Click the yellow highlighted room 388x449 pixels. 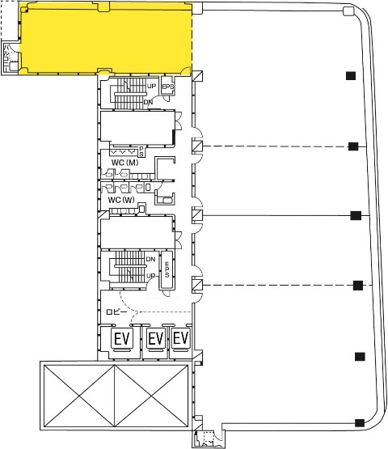[106, 39]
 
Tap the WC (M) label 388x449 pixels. [124, 163]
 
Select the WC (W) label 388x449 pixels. [121, 200]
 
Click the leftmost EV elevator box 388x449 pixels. [122, 339]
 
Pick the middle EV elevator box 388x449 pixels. [156, 339]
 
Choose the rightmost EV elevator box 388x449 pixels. [181, 338]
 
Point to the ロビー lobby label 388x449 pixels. [116, 311]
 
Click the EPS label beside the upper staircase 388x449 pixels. [168, 87]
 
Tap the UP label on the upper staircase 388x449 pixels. [152, 86]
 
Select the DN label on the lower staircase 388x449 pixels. [151, 259]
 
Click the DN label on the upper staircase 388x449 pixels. [148, 102]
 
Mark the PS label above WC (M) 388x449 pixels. [141, 151]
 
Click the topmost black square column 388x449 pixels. [351, 75]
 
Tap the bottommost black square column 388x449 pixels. [360, 422]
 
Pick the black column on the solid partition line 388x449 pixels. [356, 215]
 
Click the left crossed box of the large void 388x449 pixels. [79, 396]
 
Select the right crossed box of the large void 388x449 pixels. [151, 396]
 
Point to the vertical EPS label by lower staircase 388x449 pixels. [167, 269]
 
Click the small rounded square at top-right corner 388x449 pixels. [348, 11]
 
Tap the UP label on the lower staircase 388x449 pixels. [151, 276]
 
